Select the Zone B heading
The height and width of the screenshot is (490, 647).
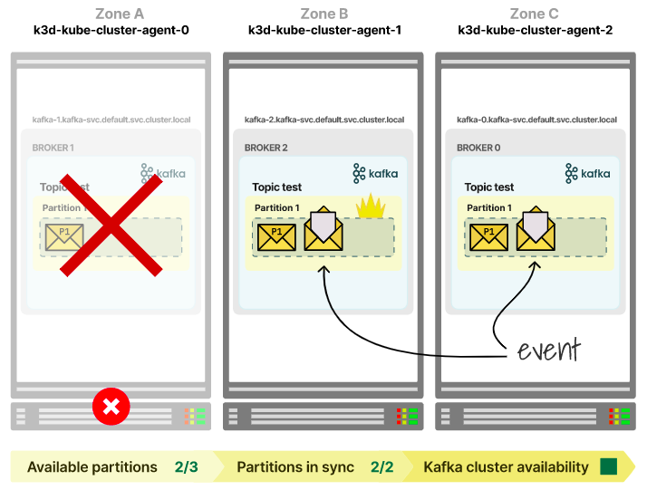point(323,14)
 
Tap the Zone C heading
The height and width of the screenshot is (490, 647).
point(535,14)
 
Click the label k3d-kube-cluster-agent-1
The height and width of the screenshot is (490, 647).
point(324,30)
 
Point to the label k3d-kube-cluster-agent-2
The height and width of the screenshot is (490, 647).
point(535,30)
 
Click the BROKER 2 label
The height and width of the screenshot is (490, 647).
point(266,148)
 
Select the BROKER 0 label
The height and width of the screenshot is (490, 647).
point(478,148)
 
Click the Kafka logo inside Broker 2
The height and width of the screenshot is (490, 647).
point(375,173)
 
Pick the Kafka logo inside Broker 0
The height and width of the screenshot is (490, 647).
point(587,173)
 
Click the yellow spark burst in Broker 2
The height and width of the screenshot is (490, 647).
point(371,207)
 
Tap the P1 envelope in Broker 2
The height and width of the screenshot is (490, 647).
point(276,237)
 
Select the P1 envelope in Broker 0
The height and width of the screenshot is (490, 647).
point(488,237)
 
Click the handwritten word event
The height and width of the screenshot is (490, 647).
point(549,349)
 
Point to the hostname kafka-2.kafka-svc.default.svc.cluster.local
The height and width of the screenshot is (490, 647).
point(323,120)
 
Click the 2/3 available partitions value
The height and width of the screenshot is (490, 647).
point(186,467)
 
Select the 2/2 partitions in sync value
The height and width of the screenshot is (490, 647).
point(382,467)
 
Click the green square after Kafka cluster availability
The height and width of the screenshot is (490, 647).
point(608,467)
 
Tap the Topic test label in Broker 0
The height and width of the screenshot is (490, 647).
point(489,187)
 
